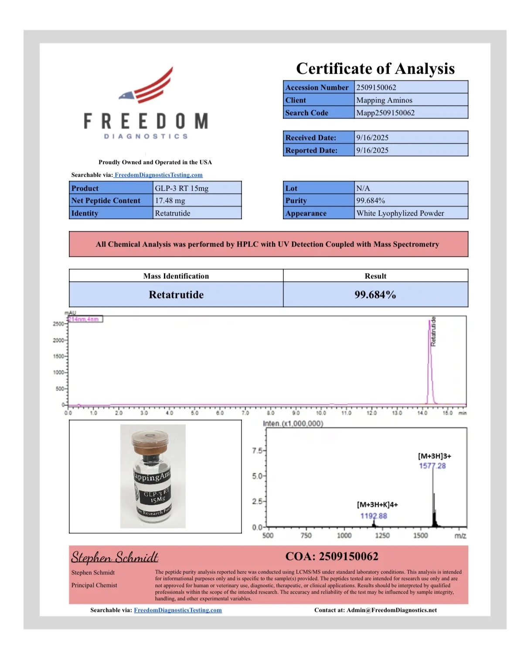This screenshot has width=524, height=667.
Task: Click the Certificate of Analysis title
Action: coord(375,69)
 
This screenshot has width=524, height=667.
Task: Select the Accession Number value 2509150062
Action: coord(376,87)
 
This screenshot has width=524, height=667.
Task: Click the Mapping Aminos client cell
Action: coord(384,100)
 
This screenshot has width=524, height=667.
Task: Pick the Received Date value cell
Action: coord(372,138)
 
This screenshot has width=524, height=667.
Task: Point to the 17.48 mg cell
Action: coord(170,201)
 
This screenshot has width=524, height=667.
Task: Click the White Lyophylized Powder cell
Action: coord(400,213)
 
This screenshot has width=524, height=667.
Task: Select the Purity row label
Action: coord(296,201)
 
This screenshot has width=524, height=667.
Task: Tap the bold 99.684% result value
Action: coord(375,295)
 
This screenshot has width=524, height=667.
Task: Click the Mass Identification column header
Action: coord(176,276)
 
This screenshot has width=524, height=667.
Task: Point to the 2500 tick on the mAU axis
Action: coord(58,324)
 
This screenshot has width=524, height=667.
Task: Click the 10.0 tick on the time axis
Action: coord(321,413)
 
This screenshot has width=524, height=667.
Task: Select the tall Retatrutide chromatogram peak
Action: coord(430,362)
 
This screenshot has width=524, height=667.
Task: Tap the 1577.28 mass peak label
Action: coord(432,466)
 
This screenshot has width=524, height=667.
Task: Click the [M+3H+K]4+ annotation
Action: coord(377,505)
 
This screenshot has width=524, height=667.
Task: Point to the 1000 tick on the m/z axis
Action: coord(344,536)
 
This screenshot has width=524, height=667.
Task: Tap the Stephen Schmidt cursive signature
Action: coord(115,557)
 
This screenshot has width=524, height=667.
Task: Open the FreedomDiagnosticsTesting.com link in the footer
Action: coord(177,610)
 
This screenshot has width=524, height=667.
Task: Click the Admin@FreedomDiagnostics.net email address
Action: coord(391,610)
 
